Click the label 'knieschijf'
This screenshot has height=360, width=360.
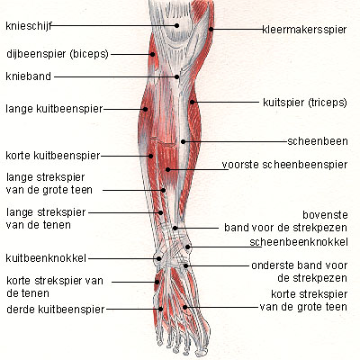pos(29,26)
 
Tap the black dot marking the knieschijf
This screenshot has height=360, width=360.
pos(176,26)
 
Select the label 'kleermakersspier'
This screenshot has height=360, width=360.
pos(304,30)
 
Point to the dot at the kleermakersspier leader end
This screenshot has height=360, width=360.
pos(211,29)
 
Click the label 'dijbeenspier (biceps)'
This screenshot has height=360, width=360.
pos(58,54)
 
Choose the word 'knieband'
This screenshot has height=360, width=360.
pos(29,76)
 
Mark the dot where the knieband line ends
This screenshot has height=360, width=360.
pos(177,77)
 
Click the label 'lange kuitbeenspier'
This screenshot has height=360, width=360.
pos(54,109)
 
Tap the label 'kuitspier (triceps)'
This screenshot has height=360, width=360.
pos(305,103)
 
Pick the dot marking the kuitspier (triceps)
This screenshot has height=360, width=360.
pos(192,103)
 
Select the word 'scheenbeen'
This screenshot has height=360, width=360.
pos(318,141)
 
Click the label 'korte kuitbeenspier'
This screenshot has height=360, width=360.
pos(53,156)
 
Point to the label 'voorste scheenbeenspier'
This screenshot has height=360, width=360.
pos(284,165)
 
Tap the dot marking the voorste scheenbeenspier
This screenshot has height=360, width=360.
pos(168,170)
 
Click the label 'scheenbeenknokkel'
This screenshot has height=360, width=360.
pos(299,242)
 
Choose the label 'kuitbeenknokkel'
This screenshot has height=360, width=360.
pos(46,258)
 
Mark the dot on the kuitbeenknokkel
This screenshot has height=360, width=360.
pos(159,258)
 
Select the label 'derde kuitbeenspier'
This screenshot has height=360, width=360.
pos(56,310)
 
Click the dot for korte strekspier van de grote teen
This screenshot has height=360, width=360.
pos(185,307)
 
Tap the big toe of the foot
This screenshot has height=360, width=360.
pos(202,345)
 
